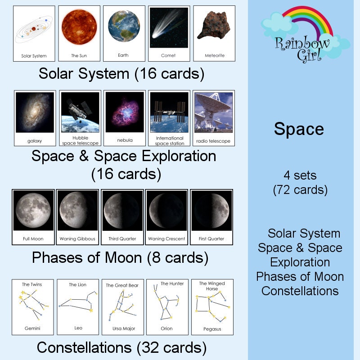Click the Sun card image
click(79, 28)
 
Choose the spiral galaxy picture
click(35, 112)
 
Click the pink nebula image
click(125, 112)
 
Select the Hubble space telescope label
click(80, 140)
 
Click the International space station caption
click(170, 140)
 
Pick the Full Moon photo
click(33, 210)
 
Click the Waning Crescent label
click(166, 238)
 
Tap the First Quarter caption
click(211, 238)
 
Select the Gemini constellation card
click(32, 307)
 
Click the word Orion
click(166, 328)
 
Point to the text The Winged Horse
click(212, 286)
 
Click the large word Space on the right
click(299, 129)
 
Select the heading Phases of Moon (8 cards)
click(120, 258)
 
